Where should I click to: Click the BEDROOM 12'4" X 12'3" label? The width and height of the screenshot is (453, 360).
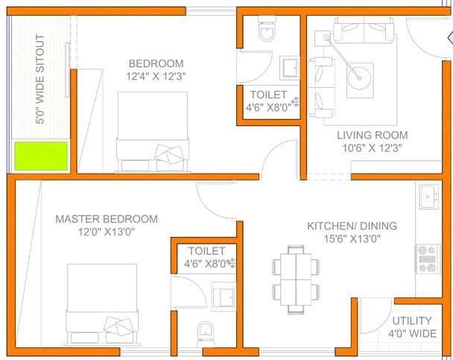click(156, 70)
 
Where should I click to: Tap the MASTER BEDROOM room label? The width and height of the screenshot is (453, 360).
click(107, 219)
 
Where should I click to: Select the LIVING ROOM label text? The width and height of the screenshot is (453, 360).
click(373, 135)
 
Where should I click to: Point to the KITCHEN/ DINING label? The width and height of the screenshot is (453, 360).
click(352, 226)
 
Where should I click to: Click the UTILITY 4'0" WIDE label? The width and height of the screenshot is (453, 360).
click(412, 327)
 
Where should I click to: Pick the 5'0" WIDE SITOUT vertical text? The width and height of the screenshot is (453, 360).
click(40, 79)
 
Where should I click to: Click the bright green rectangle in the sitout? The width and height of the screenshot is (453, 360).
click(41, 156)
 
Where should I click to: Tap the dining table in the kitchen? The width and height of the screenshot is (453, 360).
click(296, 280)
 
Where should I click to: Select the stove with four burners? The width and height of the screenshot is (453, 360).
click(428, 259)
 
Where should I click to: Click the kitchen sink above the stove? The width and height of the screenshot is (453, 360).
click(428, 197)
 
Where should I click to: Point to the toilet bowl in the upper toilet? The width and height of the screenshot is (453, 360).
click(267, 30)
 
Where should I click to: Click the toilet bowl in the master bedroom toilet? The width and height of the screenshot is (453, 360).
click(206, 333)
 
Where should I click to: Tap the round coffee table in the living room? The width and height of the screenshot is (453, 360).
click(359, 78)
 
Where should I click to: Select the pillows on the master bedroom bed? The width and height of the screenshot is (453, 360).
click(118, 326)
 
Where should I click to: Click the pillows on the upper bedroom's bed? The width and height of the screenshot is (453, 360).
click(169, 154)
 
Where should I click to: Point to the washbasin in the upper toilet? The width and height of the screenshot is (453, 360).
click(289, 68)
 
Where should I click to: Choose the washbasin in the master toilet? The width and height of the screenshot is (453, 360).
click(224, 297)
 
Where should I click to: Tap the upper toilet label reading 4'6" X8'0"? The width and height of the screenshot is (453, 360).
click(268, 108)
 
